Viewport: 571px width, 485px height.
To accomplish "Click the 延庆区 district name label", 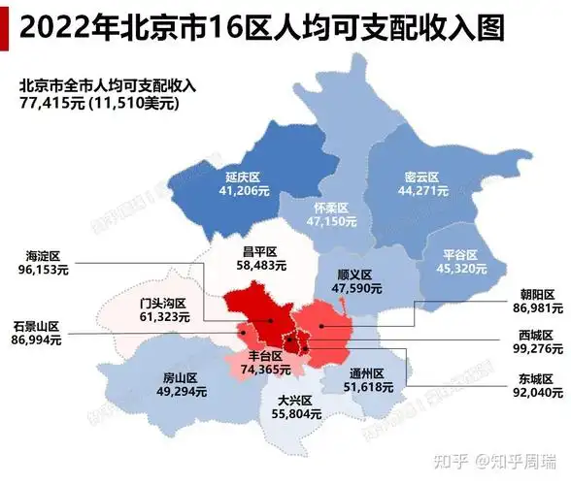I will (x=243, y=178).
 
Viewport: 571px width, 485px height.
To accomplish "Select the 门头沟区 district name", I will (x=162, y=302).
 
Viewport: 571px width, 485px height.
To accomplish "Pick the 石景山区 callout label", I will (x=37, y=326).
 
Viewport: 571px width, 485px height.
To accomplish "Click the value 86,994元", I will (x=37, y=340).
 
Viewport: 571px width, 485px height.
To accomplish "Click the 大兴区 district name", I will (x=292, y=400).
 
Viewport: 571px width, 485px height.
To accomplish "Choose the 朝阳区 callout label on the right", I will (x=536, y=293).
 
